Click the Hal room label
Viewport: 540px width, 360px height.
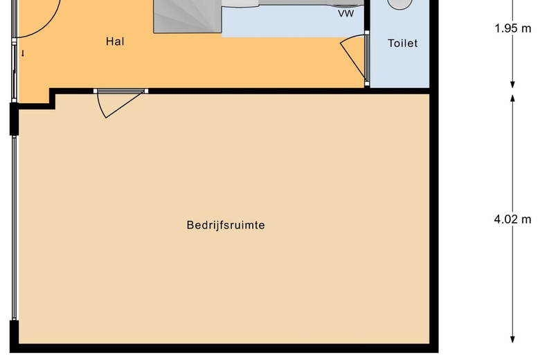[x=115, y=42]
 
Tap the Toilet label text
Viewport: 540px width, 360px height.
[x=403, y=44]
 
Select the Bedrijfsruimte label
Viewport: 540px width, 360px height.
[x=226, y=225]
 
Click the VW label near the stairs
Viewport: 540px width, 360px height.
[x=345, y=14]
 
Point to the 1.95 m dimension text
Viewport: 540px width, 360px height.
[x=513, y=28]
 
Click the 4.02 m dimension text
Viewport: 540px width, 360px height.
[x=512, y=219]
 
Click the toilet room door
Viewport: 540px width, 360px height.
[x=354, y=59]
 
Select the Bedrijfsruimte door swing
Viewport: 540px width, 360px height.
[x=120, y=104]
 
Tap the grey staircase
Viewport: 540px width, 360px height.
[x=188, y=17]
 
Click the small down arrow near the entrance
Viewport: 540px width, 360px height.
[x=23, y=53]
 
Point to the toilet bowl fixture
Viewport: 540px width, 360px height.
[x=400, y=4]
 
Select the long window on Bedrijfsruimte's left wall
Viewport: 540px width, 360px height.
[x=14, y=228]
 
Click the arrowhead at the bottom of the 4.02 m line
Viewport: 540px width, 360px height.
[x=512, y=339]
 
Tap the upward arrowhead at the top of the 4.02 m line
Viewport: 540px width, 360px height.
[x=512, y=98]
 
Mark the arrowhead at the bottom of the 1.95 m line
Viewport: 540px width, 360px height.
[x=512, y=84]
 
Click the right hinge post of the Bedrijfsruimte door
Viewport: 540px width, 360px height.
[x=146, y=91]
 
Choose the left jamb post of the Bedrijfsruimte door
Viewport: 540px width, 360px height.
[x=96, y=91]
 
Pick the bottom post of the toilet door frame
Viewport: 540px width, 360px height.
[x=367, y=84]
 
